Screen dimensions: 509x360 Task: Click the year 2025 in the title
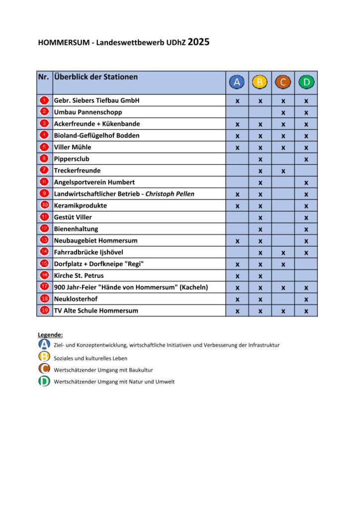[x=198, y=42]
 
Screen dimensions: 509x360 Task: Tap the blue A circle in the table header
[x=237, y=82]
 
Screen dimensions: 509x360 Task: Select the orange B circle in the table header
[x=260, y=82]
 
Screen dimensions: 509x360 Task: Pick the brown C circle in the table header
[x=283, y=82]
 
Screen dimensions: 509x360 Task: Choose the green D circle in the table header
[x=306, y=82]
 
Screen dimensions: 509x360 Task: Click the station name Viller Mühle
[x=73, y=147]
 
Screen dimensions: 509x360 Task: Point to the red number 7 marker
[x=44, y=170]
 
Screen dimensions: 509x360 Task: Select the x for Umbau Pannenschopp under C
[x=283, y=112]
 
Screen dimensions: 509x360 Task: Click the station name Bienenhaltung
[x=76, y=229]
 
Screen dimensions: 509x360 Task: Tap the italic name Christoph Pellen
[x=170, y=194]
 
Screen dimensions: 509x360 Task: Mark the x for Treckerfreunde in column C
[x=283, y=170]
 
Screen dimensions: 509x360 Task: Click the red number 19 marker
[x=44, y=310]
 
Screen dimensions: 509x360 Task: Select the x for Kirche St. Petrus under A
[x=237, y=276]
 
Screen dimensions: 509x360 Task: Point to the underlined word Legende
[x=50, y=335]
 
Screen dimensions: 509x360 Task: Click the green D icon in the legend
[x=44, y=381]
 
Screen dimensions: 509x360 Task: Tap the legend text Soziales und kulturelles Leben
[x=90, y=358]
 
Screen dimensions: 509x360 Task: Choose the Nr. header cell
[x=44, y=78]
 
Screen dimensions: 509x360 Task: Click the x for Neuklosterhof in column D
[x=306, y=299]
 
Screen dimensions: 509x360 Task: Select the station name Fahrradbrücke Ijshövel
[x=89, y=252]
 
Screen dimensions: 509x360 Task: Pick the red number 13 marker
[x=44, y=240]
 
